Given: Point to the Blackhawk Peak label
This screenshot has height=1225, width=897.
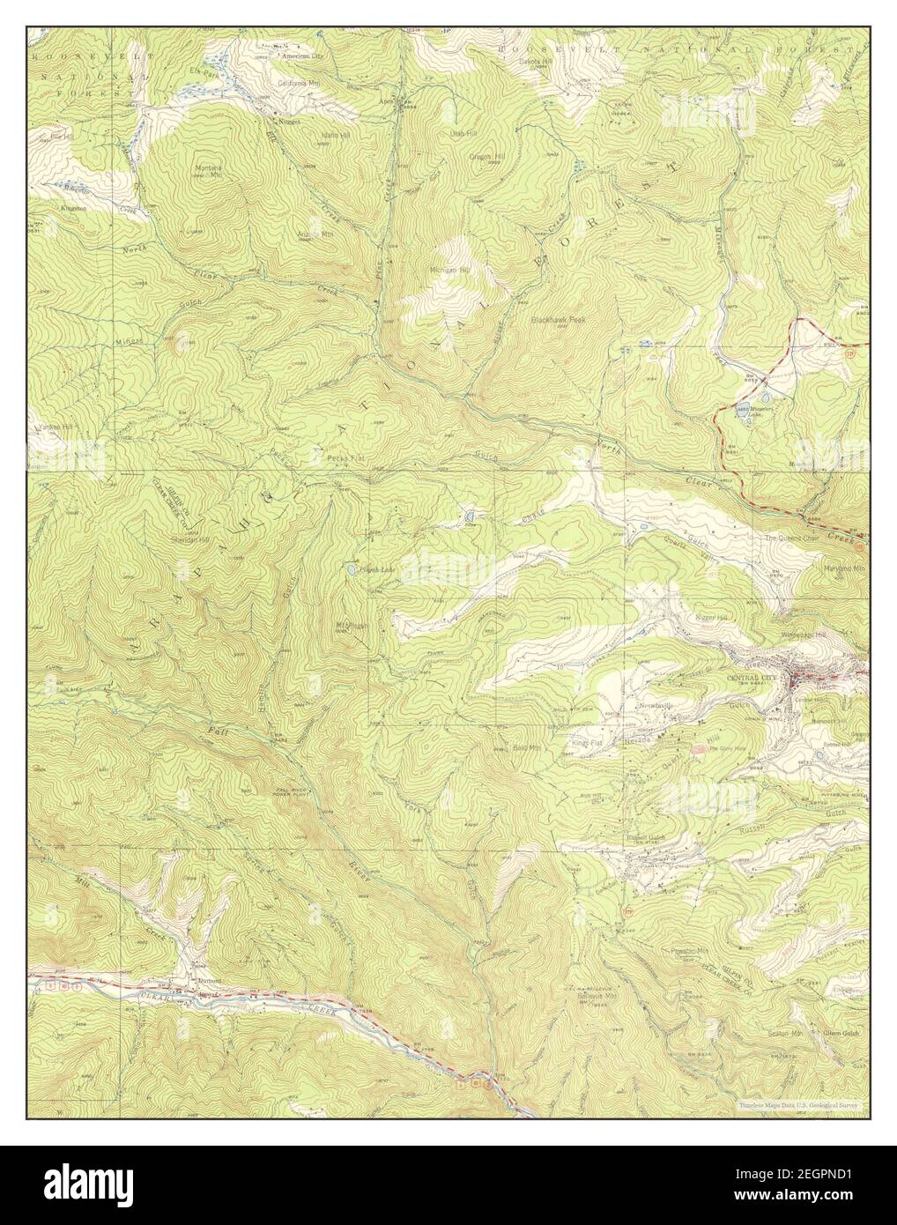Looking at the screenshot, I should (559, 320).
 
